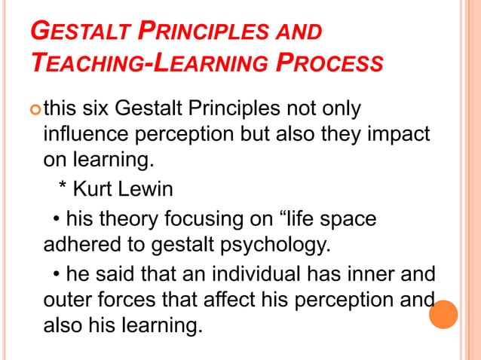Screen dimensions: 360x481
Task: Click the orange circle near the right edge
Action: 444,315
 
